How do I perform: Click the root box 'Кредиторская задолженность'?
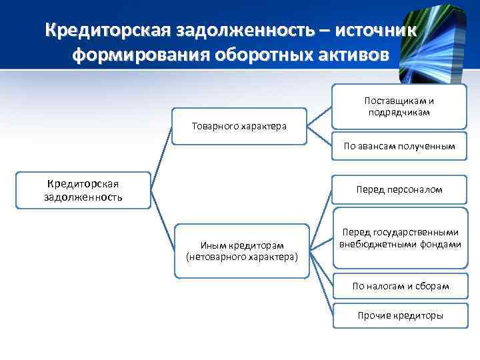point(83,190)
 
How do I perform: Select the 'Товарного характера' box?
point(239,125)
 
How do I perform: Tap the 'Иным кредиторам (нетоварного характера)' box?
point(241,250)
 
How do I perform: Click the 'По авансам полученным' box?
point(399,145)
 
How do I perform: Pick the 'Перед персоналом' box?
point(399,190)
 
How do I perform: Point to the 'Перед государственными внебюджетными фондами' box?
point(399,238)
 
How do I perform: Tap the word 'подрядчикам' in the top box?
point(399,112)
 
